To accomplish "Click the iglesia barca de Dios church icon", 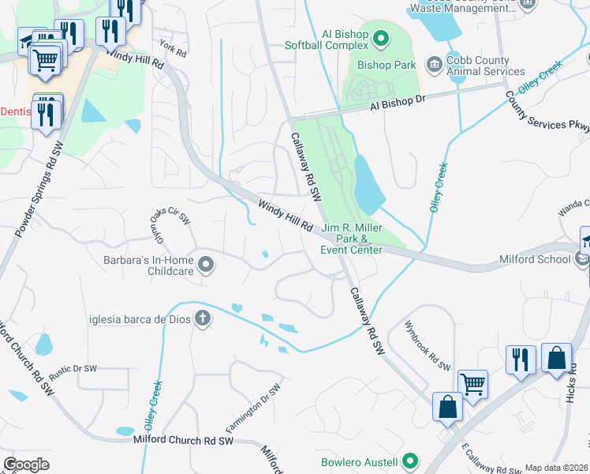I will pyautogui.click(x=203, y=318).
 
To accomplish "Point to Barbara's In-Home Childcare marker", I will pyautogui.click(x=206, y=265).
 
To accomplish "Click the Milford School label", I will pyautogui.click(x=535, y=259).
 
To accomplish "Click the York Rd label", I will pyautogui.click(x=172, y=47).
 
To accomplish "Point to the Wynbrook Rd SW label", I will pyautogui.click(x=427, y=346).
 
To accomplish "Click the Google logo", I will pyautogui.click(x=26, y=464).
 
